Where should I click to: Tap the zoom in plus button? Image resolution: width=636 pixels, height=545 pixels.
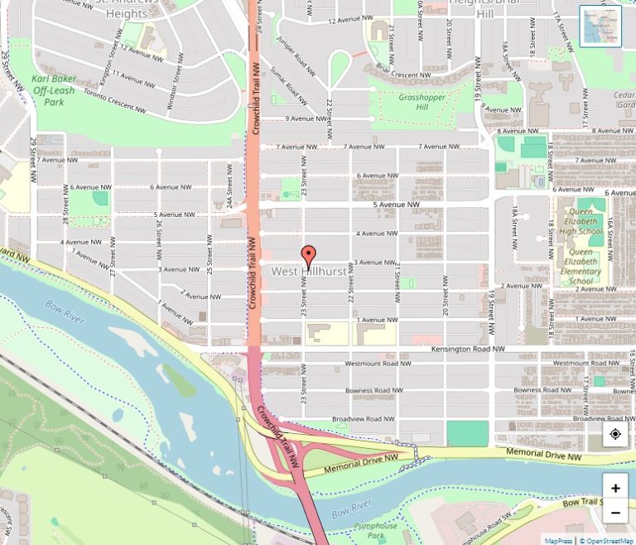click(615, 488)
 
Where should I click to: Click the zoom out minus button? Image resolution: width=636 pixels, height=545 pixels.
click(615, 513)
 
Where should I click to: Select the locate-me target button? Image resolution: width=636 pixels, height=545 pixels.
click(615, 434)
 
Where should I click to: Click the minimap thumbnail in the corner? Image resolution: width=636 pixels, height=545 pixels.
click(600, 27)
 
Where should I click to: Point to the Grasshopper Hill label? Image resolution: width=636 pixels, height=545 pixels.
click(422, 102)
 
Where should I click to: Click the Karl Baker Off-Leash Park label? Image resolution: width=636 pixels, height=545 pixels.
click(53, 90)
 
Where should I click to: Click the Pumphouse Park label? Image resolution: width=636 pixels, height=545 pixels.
click(375, 531)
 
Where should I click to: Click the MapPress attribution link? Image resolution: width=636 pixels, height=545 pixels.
click(558, 540)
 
